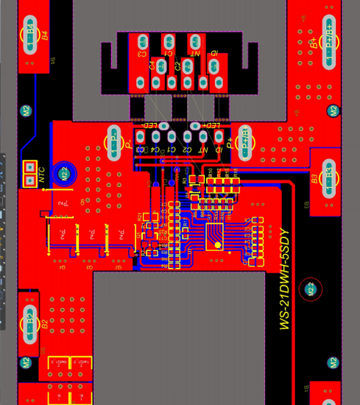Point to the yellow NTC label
[x=42, y=174]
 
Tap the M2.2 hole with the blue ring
[x=65, y=174]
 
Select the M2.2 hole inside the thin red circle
[x=311, y=289]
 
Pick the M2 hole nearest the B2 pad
[x=26, y=362]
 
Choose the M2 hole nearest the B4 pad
[x=26, y=111]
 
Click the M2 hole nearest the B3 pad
[x=333, y=110]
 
